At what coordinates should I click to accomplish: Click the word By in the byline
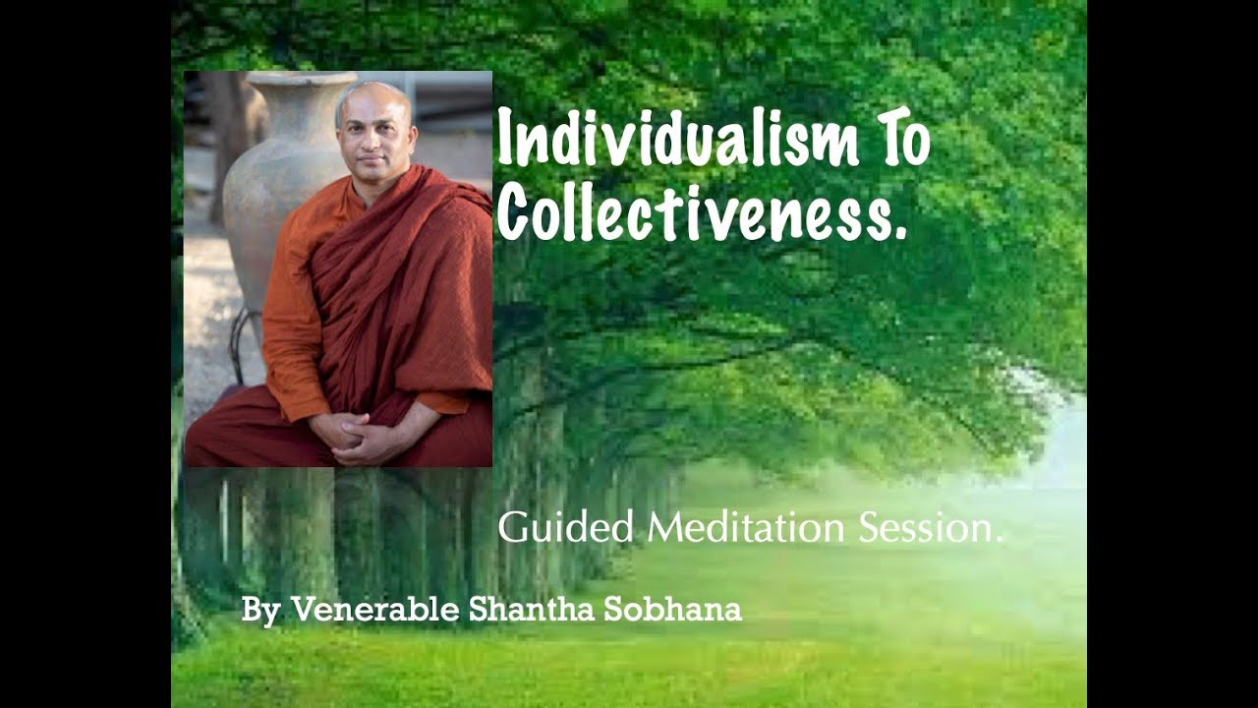point(260,611)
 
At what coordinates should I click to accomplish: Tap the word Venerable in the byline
point(375,610)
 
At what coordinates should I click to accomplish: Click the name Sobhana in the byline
point(672,610)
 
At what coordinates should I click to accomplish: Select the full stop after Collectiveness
point(898,234)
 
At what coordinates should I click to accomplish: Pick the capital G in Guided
point(513,528)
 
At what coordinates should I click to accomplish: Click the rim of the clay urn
point(300,79)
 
